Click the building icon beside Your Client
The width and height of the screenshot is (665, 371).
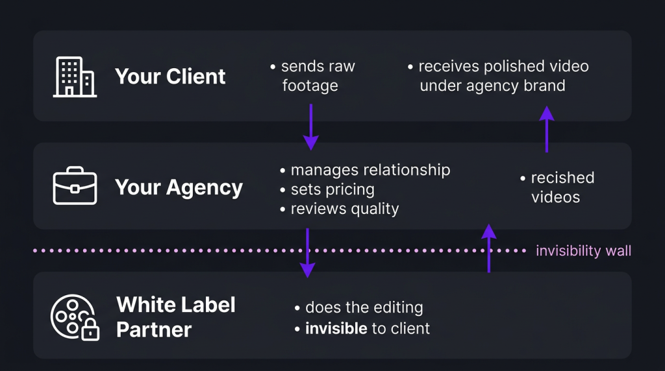75,77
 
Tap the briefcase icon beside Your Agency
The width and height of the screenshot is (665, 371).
75,187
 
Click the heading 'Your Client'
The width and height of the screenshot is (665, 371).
170,77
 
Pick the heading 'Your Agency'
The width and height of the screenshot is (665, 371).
179,187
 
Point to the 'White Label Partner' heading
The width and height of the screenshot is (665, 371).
175,317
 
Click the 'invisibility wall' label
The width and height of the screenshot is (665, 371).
583,251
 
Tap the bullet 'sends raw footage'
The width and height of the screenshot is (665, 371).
313,76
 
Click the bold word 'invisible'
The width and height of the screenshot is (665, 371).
336,328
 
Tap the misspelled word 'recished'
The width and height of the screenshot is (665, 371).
562,178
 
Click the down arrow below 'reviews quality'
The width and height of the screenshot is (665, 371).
307,253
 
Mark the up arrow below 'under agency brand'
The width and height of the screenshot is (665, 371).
547,129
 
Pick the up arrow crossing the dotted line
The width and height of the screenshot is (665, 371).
489,248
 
